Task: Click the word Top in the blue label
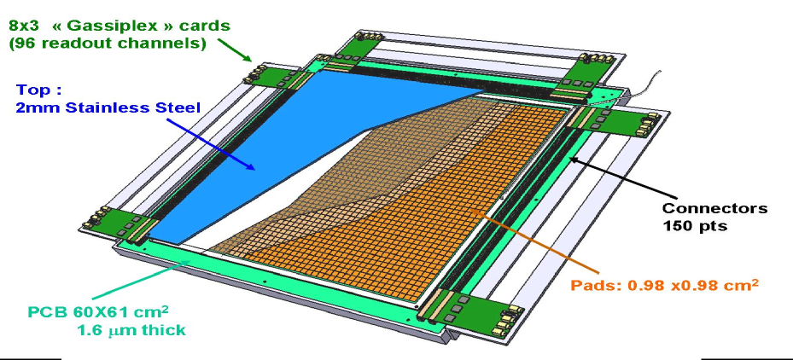[35, 90]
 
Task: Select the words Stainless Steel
[143, 108]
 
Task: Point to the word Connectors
[714, 208]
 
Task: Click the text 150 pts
[695, 226]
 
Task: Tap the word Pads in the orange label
[595, 285]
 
